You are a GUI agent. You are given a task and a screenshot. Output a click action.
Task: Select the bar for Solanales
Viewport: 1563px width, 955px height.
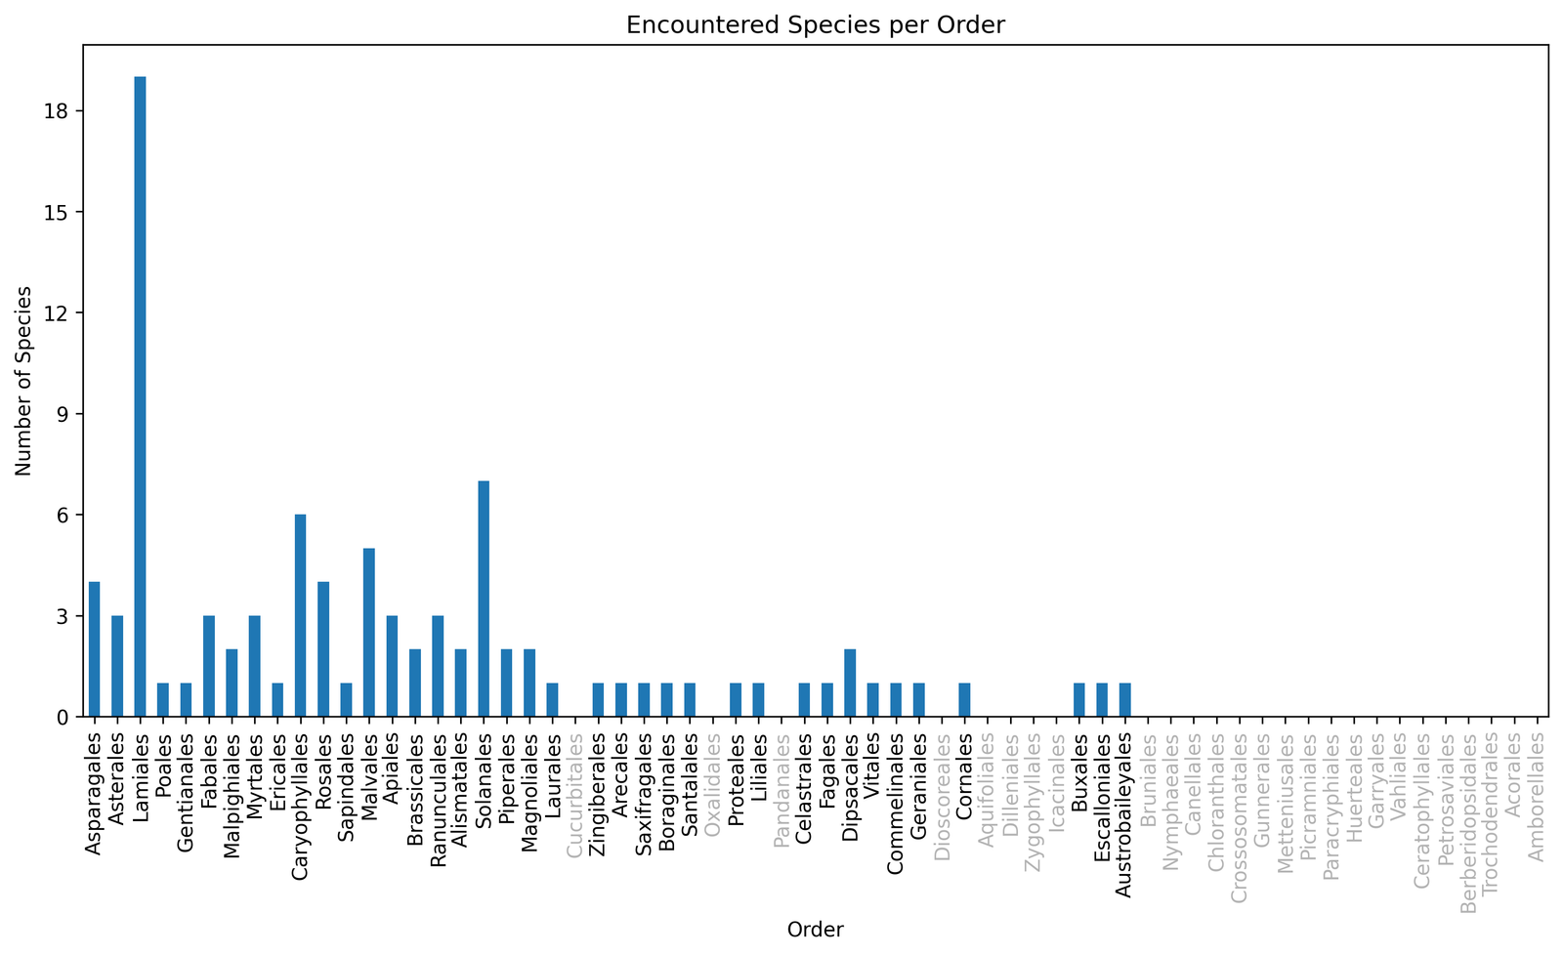(x=484, y=599)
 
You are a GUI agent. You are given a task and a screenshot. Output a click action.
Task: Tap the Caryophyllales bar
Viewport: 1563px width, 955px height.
(x=301, y=615)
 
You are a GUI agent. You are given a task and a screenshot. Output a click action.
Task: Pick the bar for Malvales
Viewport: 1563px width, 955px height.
(x=369, y=633)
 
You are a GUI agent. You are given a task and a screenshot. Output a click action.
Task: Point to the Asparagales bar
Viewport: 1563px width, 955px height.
(x=95, y=649)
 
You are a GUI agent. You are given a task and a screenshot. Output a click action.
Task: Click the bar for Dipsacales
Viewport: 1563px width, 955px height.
(x=850, y=684)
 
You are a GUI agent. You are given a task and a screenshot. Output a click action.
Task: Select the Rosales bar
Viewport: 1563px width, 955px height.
(x=323, y=649)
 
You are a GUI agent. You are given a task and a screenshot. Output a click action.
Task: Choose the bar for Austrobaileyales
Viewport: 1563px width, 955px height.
(x=1124, y=700)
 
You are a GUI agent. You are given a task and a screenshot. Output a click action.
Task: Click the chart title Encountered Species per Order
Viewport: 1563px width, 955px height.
(x=815, y=25)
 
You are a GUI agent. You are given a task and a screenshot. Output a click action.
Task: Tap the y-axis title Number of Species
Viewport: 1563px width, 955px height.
(x=23, y=381)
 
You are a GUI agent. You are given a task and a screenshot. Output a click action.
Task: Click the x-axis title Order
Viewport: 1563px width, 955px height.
(x=815, y=930)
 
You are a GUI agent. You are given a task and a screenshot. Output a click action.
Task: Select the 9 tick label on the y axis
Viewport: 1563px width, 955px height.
(x=64, y=414)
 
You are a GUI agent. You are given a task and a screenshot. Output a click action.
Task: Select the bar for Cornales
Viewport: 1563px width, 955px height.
(x=964, y=700)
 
